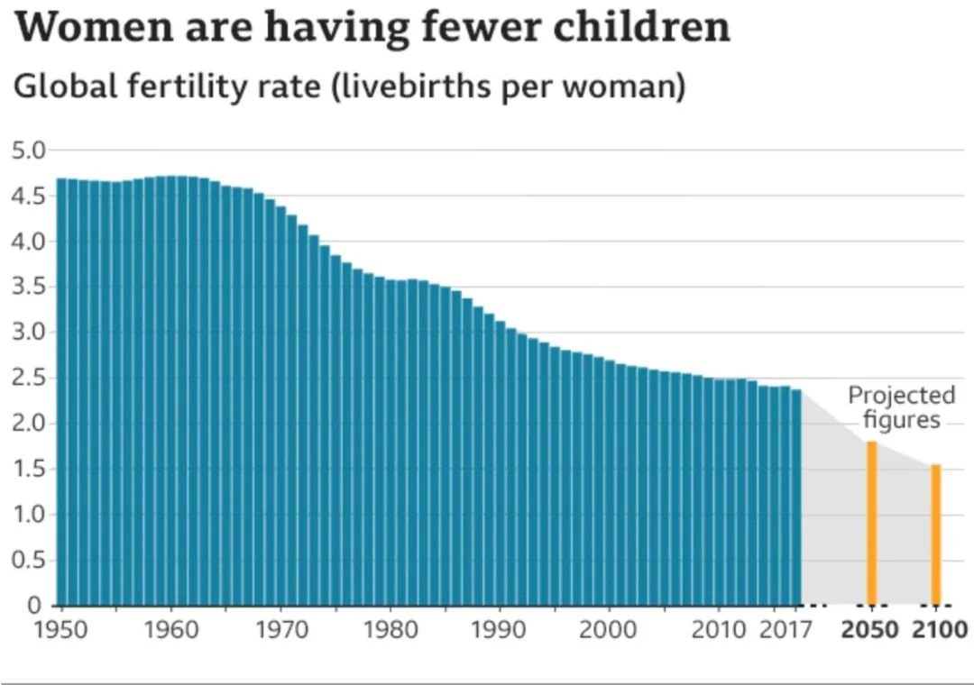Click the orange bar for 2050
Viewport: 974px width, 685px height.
tap(872, 523)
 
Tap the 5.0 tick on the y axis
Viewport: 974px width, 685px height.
tap(28, 150)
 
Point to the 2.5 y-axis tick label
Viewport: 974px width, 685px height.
tap(28, 378)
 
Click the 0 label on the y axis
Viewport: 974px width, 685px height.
tap(35, 606)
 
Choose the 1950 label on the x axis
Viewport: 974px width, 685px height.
tap(61, 629)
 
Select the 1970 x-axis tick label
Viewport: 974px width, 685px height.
tap(280, 629)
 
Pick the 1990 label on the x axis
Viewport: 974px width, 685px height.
tap(499, 629)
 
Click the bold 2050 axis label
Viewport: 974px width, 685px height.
tap(870, 629)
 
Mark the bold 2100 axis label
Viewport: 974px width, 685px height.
tap(939, 629)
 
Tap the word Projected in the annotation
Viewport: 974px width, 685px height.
tap(902, 396)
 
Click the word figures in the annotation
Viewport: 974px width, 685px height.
tap(902, 420)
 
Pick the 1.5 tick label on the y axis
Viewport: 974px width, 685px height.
tap(28, 470)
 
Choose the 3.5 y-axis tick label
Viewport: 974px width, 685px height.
tap(28, 287)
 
